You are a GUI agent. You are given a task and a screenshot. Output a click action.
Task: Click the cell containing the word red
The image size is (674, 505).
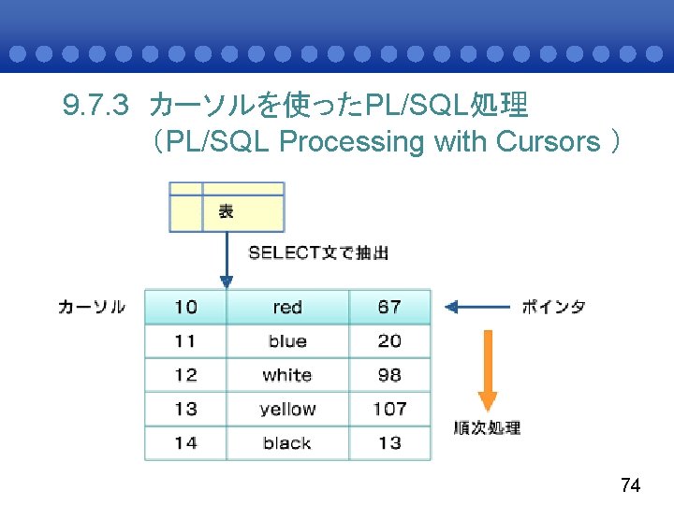click(287, 307)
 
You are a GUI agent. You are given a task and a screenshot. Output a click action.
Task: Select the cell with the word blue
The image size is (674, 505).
click(287, 341)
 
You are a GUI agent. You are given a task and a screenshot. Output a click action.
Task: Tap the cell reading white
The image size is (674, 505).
click(287, 375)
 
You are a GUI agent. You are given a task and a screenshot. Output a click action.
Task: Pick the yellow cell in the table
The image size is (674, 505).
click(287, 409)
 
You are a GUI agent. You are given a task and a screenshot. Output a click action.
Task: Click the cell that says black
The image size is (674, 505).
click(287, 442)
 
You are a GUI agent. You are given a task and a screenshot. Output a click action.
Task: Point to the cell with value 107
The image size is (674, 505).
click(389, 409)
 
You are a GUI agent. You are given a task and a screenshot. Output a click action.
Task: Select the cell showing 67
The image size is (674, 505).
click(389, 307)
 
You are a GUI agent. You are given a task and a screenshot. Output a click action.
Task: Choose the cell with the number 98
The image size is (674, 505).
click(389, 375)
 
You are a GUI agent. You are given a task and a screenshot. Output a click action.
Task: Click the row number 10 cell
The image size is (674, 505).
click(185, 307)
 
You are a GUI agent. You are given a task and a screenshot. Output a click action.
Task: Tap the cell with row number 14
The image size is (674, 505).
click(185, 442)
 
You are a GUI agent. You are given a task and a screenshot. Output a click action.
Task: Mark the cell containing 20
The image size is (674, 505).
click(389, 341)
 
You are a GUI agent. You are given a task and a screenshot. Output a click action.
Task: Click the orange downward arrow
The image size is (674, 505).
click(487, 369)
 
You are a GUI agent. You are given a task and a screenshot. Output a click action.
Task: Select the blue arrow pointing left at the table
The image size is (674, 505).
click(476, 306)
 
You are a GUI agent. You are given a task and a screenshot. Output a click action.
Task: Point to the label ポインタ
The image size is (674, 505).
click(553, 307)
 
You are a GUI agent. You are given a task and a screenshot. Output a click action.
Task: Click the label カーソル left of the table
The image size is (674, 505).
click(92, 307)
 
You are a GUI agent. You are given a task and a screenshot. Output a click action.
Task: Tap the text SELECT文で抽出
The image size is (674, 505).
click(318, 252)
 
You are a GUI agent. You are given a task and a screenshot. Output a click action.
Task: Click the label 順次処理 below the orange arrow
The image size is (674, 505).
click(487, 427)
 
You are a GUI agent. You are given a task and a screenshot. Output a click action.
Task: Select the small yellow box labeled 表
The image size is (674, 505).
click(227, 208)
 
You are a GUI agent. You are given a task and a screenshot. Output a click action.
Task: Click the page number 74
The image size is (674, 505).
click(631, 485)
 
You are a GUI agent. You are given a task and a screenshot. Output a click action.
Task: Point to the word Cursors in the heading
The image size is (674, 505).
click(547, 142)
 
